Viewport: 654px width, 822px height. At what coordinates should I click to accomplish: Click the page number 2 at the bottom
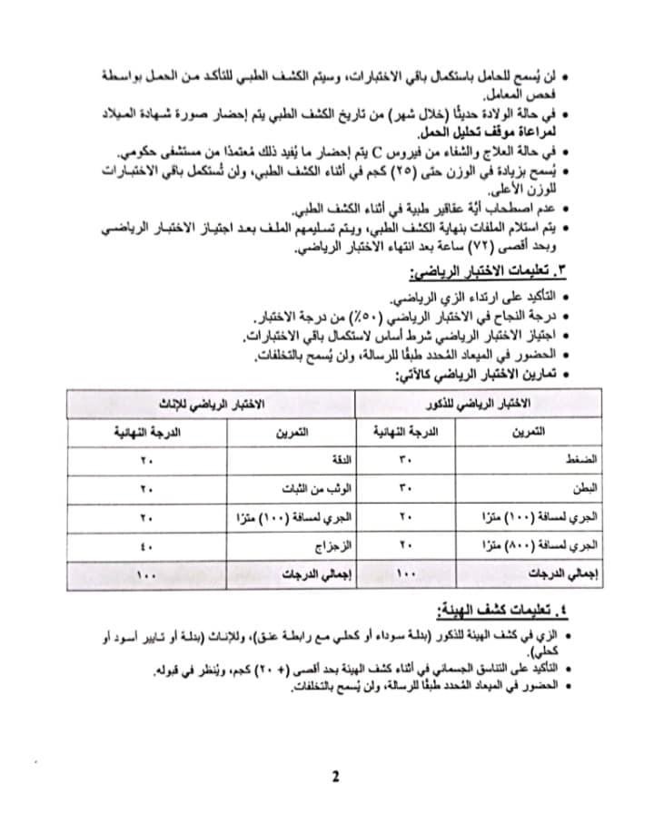(335, 777)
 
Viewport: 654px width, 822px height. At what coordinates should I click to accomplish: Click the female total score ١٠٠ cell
(144, 574)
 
